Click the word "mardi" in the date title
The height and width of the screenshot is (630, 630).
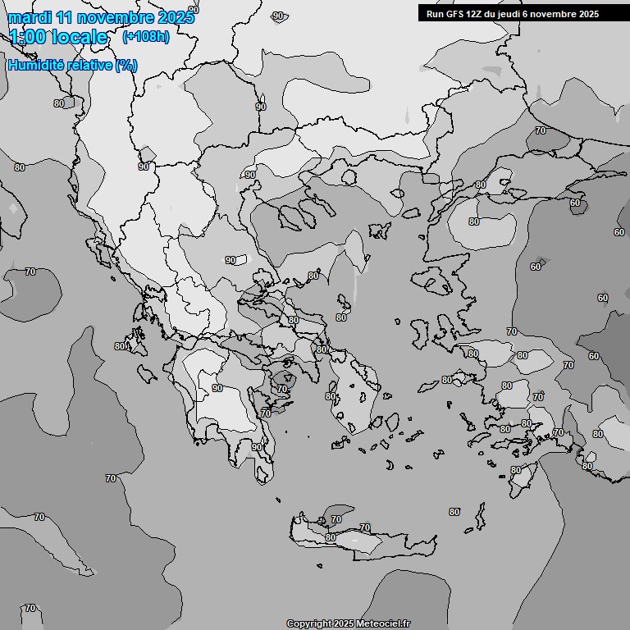28,17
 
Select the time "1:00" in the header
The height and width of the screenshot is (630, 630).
29,37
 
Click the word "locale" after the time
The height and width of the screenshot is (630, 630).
81,37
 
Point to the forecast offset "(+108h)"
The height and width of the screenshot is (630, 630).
145,37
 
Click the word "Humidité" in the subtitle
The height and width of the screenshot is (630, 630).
35,66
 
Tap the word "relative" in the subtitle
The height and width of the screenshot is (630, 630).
89,66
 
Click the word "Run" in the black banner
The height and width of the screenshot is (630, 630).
435,14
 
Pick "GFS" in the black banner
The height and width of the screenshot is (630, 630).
455,14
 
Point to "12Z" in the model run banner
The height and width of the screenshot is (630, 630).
477,14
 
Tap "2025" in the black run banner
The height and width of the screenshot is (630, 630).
586,14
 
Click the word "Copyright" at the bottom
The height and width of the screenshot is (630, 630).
308,623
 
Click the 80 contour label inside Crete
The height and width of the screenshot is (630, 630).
331,537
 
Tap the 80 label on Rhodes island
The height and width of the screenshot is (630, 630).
516,470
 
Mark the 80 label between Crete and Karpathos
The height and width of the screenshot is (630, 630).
454,512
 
